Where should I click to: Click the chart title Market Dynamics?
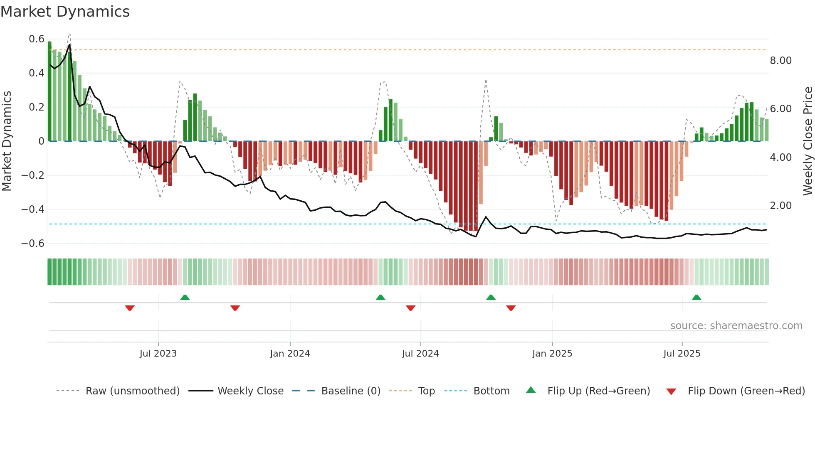[x=65, y=12]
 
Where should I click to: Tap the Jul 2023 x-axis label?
[x=158, y=354]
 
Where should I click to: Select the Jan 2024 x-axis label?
[x=290, y=354]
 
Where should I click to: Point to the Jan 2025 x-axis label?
[x=552, y=354]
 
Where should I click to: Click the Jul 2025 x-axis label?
[x=682, y=354]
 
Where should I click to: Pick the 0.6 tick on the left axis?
[x=37, y=39]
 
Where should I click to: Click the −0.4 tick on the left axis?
[x=33, y=209]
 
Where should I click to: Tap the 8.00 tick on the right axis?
[x=780, y=61]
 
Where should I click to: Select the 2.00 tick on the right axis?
[x=780, y=206]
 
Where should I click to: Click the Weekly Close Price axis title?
[x=808, y=141]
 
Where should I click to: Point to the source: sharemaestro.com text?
[x=736, y=326]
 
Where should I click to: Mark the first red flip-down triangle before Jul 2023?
[x=130, y=308]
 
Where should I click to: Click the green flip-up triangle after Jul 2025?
[x=696, y=297]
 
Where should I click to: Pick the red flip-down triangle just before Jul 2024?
[x=410, y=308]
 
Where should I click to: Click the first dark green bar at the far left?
[x=49, y=91]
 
